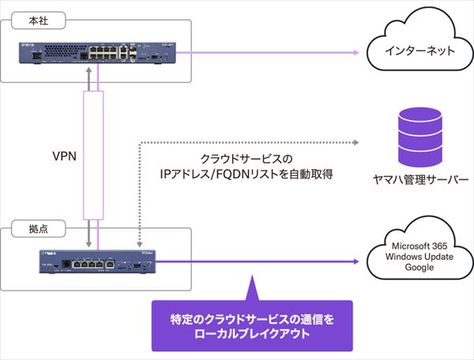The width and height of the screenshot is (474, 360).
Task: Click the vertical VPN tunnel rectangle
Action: point(93,155)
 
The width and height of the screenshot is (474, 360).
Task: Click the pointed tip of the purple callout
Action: point(250,277)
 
